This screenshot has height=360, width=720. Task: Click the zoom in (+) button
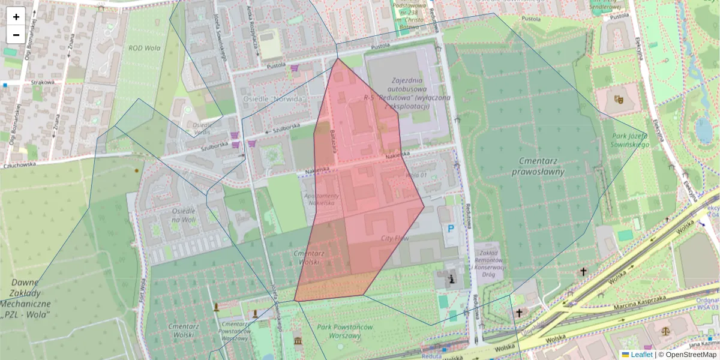pos(16,17)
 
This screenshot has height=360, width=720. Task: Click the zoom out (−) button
pos(16,35)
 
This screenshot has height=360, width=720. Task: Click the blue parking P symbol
pos(449,229)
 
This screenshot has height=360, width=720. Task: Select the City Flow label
pos(394,238)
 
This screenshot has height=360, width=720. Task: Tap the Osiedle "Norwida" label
pos(274,98)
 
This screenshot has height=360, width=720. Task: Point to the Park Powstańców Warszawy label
pos(345,332)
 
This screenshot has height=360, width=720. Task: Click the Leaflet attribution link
pos(641,355)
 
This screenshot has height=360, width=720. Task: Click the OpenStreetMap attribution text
pos(691,355)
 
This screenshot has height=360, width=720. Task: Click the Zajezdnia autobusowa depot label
pos(406,93)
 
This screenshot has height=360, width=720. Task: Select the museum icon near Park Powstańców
pos(298,342)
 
